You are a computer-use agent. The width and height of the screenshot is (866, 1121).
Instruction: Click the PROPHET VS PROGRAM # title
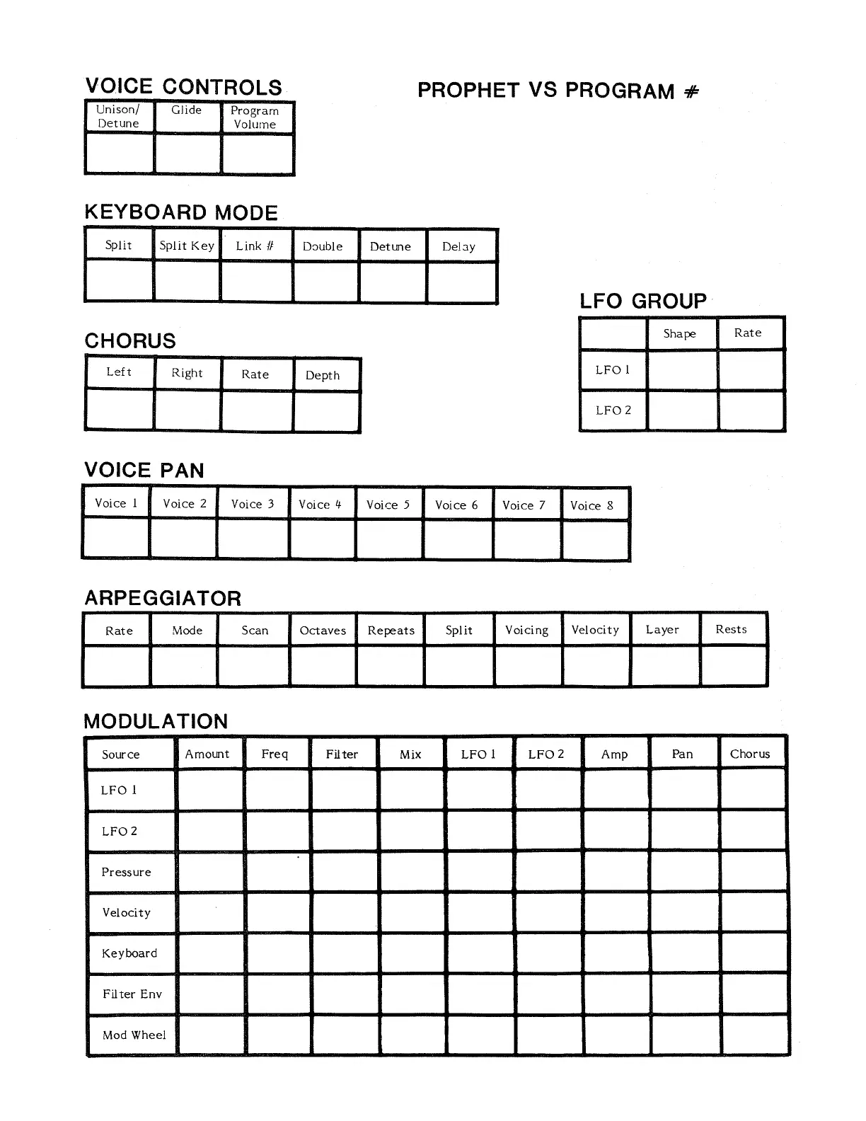(x=558, y=91)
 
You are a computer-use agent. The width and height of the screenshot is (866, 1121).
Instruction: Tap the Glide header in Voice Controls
(x=187, y=110)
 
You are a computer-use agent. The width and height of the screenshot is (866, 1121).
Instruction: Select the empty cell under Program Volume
(x=257, y=154)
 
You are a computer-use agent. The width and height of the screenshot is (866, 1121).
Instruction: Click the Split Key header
(x=187, y=246)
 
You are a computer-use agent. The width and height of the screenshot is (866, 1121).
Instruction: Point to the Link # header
(x=255, y=246)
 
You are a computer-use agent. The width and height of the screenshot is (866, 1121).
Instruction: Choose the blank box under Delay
(x=461, y=282)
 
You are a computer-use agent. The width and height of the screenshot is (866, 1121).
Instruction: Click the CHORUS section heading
(x=130, y=340)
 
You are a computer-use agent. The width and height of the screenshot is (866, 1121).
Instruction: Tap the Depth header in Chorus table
(x=323, y=375)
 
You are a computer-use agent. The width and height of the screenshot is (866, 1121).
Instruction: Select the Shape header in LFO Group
(x=680, y=333)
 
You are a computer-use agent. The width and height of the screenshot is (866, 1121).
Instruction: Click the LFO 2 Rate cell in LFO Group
(x=751, y=410)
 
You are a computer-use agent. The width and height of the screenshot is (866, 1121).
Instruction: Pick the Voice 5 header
(x=388, y=505)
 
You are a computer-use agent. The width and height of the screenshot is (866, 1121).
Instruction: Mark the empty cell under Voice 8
(x=595, y=540)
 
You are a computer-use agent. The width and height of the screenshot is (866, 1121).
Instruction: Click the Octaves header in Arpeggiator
(x=323, y=631)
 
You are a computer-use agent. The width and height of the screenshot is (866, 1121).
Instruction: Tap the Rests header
(x=732, y=629)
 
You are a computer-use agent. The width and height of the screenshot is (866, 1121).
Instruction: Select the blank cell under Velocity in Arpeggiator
(x=596, y=667)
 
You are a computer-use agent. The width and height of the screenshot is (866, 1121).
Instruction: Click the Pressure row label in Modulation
(x=127, y=872)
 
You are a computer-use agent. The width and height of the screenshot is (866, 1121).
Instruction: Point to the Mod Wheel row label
(x=134, y=1035)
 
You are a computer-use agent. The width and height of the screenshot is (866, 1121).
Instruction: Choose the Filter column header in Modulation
(x=342, y=754)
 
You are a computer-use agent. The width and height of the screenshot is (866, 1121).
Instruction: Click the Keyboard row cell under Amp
(x=616, y=953)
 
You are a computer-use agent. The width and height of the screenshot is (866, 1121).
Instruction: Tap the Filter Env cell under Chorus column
(x=753, y=994)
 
